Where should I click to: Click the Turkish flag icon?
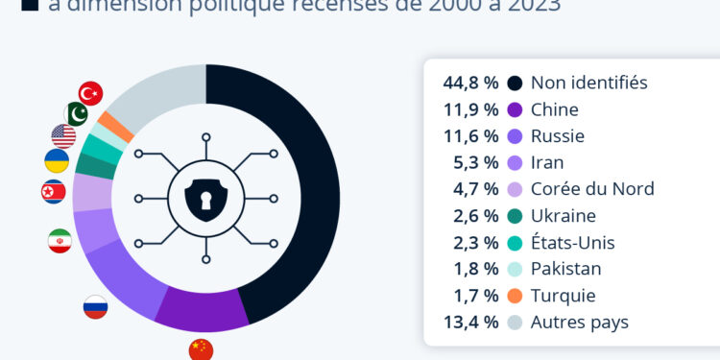(91, 93)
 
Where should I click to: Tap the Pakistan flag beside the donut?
(76, 114)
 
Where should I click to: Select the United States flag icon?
(63, 136)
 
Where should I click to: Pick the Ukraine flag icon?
(57, 161)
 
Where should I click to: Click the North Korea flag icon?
(54, 192)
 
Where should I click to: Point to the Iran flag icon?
(60, 241)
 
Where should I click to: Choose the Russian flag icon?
(95, 307)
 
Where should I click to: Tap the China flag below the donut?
(201, 349)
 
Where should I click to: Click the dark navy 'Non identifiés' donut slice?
(307, 192)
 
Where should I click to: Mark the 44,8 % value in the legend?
(470, 83)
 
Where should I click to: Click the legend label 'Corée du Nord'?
(592, 189)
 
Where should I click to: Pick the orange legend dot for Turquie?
(516, 296)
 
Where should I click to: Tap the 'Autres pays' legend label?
(580, 323)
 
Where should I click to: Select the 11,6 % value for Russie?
(470, 136)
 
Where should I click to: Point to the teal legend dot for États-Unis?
(516, 243)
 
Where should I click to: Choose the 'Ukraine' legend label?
(564, 216)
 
